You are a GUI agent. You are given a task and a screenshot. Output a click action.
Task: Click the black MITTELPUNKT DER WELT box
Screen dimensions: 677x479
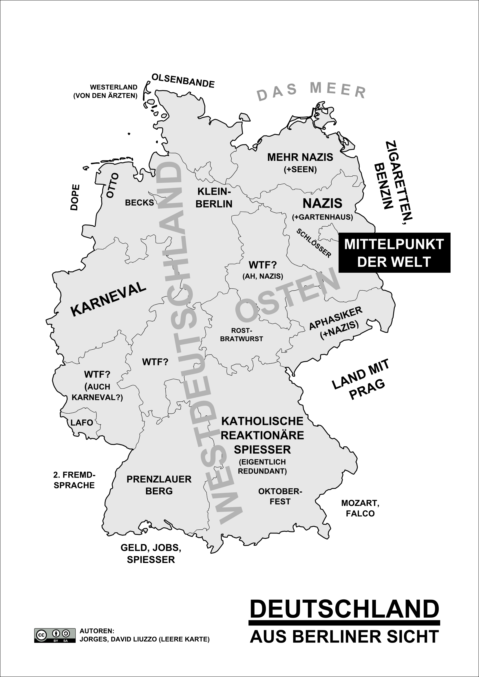(394, 253)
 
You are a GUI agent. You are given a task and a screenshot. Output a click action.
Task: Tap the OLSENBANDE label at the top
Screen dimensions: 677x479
(183, 81)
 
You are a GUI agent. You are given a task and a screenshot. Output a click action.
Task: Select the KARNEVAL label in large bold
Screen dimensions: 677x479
(109, 299)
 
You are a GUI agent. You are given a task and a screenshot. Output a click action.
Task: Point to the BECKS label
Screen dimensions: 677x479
(140, 203)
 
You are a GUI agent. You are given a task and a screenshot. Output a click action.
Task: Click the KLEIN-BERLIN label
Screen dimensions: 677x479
(214, 198)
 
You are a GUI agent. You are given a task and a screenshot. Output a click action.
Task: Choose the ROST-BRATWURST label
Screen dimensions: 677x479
(241, 335)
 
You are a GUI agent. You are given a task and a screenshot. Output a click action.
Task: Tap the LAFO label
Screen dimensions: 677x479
(82, 423)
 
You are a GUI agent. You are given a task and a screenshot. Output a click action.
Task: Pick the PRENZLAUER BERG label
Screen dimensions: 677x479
(159, 485)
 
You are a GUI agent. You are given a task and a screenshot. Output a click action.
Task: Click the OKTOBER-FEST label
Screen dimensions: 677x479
(280, 496)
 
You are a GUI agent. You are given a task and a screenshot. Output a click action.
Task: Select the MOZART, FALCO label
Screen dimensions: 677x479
(360, 508)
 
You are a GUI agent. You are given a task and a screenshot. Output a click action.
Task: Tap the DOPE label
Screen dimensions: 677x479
(75, 197)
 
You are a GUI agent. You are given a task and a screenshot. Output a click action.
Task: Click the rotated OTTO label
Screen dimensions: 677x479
(112, 186)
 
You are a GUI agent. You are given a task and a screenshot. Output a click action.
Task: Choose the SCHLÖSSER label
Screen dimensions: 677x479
(314, 243)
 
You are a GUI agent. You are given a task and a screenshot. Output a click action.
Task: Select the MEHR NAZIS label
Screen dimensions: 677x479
(300, 158)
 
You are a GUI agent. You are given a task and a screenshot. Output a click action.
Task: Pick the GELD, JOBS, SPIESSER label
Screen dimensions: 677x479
(151, 553)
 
